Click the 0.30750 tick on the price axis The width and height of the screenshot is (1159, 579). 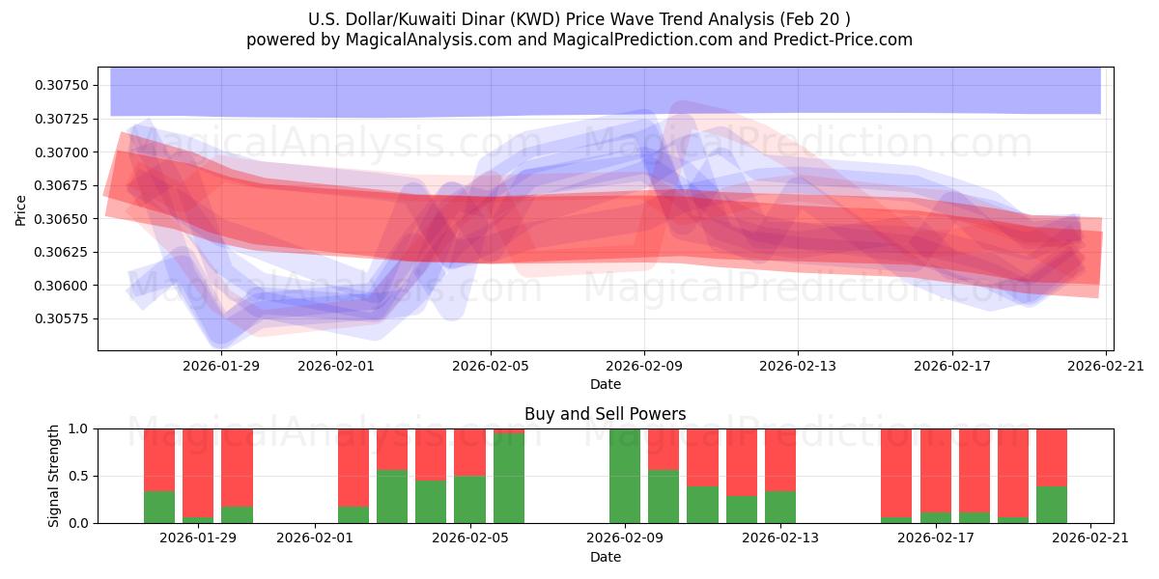60,86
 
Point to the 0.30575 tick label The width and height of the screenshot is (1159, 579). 60,318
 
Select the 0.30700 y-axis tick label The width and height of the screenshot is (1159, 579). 60,152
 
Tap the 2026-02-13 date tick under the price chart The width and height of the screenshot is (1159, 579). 798,366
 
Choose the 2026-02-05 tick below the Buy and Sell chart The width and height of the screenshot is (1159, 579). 469,538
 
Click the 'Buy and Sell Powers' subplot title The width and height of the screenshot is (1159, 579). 606,414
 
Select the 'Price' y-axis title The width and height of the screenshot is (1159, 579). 21,209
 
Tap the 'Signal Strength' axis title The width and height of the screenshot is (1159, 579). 54,476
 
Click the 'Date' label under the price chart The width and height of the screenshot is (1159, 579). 606,384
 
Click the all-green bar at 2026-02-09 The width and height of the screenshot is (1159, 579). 625,476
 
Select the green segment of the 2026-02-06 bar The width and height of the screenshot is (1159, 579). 509,479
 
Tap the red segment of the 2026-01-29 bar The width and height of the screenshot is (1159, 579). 198,458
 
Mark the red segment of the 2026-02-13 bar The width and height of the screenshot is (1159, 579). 780,459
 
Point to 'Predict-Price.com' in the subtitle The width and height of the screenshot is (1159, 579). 837,40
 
